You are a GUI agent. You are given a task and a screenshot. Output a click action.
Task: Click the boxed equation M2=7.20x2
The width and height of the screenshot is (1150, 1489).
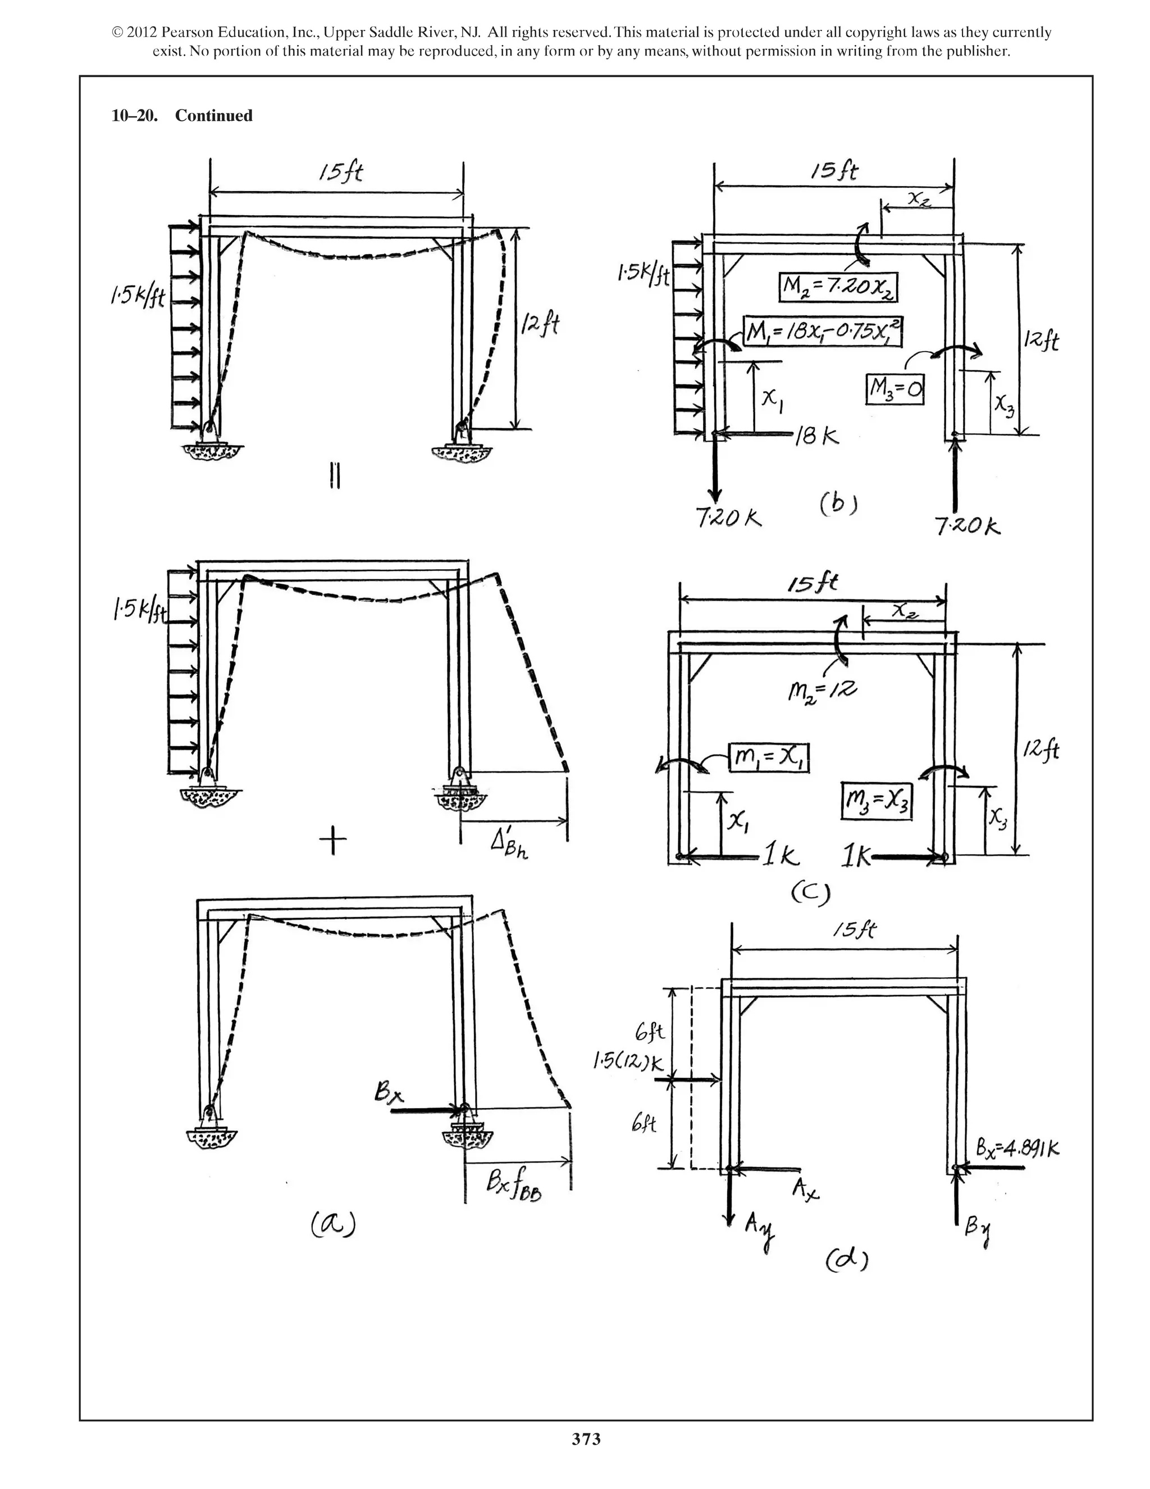coord(838,287)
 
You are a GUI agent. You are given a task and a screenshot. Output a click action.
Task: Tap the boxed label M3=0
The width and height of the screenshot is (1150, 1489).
coord(895,389)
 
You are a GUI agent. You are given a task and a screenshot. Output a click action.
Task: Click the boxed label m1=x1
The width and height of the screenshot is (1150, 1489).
coord(769,757)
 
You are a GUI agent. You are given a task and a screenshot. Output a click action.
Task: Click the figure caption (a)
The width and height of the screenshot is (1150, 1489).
coord(333,1223)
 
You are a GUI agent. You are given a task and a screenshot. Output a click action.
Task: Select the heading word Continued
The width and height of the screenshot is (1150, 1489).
coord(213,115)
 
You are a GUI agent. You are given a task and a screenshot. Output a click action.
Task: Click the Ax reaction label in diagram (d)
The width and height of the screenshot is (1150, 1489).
coord(805,1189)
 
